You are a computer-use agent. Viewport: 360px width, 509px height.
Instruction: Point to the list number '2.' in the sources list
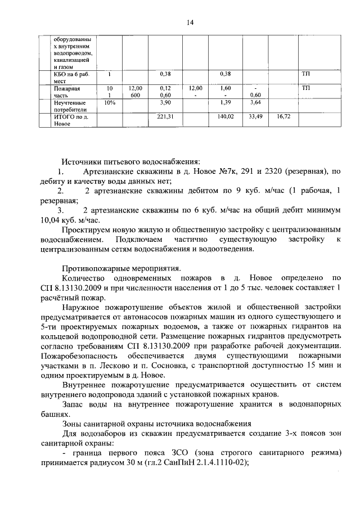tap(61, 192)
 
